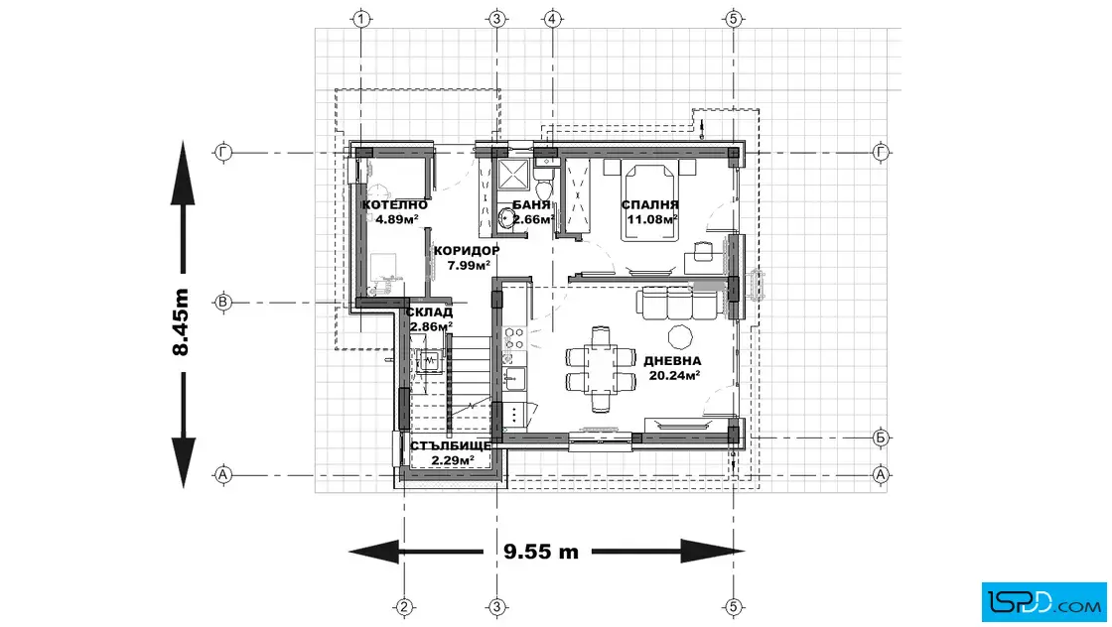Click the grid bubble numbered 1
361,19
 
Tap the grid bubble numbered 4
552,19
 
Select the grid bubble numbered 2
404,607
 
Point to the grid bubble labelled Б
880,438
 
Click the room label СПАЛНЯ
650,205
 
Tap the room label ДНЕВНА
672,360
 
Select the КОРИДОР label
467,251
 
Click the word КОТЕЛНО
395,205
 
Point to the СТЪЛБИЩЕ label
451,446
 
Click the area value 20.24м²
674,375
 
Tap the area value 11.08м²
651,219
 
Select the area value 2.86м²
431,326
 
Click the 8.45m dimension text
182,322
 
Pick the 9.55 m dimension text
541,552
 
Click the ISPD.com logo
1043,602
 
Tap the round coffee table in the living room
680,335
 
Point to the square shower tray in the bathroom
512,175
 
